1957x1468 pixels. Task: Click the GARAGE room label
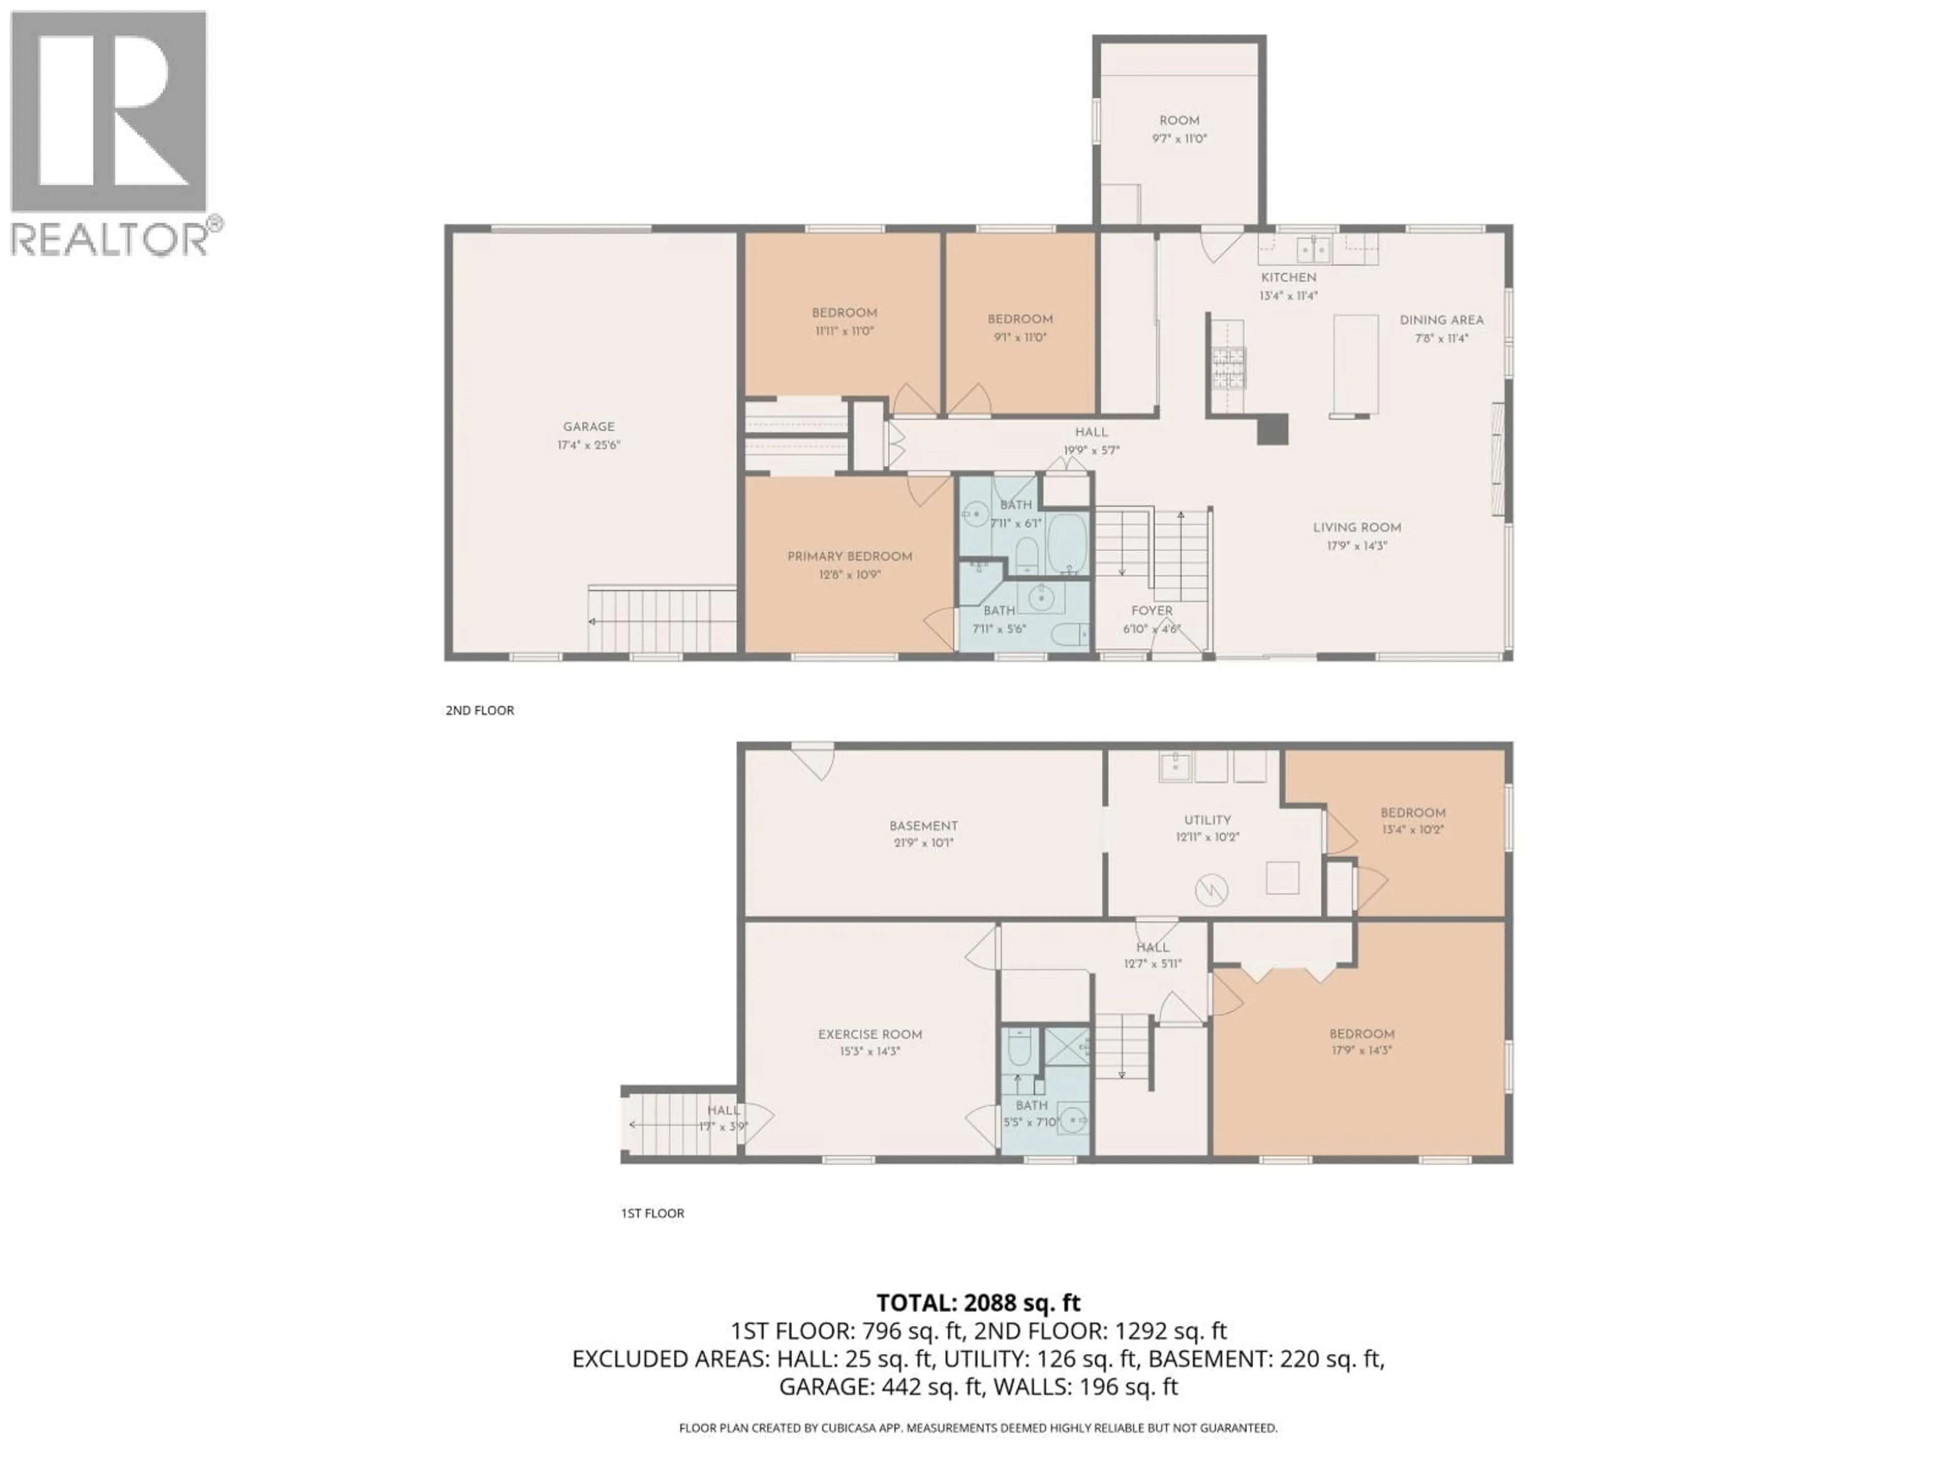pos(588,427)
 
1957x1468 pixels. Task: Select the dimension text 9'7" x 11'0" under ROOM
pos(1179,139)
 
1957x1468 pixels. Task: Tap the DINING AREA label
pos(1441,320)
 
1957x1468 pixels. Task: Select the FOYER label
pos(1151,611)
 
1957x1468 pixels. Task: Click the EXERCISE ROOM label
pos(869,1034)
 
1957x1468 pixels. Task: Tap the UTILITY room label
pos(1207,820)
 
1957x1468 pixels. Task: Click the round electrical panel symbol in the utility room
pos(1211,890)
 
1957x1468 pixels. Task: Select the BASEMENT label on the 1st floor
pos(923,826)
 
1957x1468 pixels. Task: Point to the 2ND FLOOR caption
pos(480,710)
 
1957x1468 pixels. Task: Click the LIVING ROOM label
pos(1356,528)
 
